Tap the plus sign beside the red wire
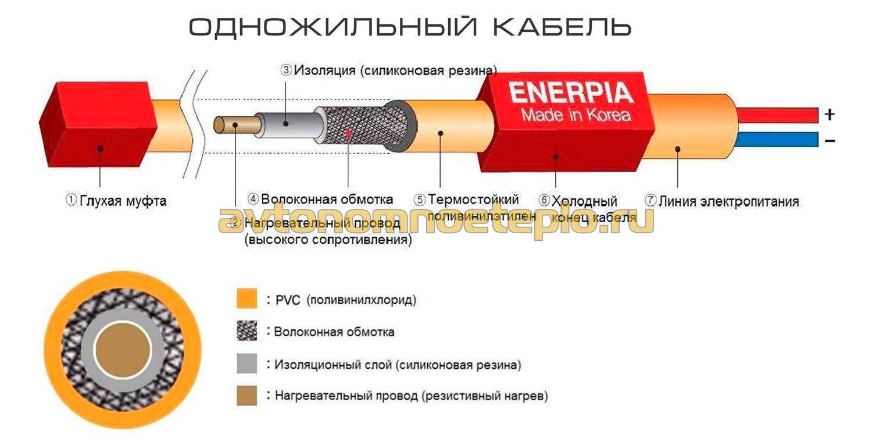tap(830, 115)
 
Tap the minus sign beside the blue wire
tap(830, 140)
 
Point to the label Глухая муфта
tap(116, 201)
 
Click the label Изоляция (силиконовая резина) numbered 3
tap(389, 70)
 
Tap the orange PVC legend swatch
tap(246, 300)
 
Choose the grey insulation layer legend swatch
tap(246, 365)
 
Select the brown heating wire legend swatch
tap(246, 396)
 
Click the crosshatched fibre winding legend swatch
tap(246, 331)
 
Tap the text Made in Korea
tap(576, 115)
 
